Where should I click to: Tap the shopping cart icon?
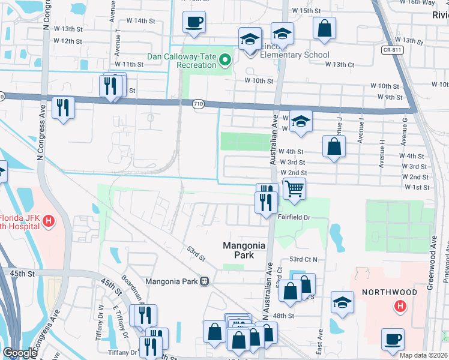(294, 188)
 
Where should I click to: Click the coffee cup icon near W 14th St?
(194, 23)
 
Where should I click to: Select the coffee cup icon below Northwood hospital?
(393, 339)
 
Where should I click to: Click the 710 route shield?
(197, 104)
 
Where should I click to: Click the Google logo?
(20, 353)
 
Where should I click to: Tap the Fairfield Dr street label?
(294, 217)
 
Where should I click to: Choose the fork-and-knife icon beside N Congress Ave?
(63, 107)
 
